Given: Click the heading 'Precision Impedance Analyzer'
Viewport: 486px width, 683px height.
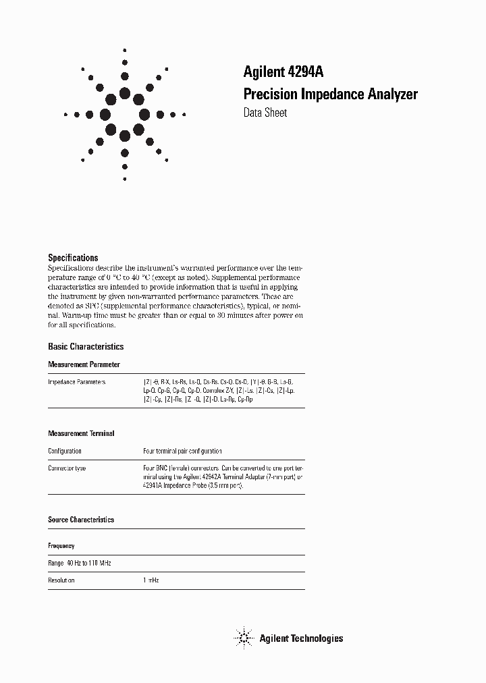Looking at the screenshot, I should pos(330,94).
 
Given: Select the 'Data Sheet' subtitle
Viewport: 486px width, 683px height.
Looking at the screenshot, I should pos(265,113).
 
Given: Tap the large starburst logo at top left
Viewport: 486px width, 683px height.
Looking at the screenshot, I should pos(125,114).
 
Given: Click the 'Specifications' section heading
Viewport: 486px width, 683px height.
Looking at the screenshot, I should pos(73,258).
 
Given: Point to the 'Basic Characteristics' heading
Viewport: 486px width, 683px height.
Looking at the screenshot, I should pos(86,346).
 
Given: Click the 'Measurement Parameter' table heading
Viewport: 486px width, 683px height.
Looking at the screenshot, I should pos(84,364).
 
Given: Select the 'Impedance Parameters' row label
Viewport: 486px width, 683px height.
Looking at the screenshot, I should pos(77,382).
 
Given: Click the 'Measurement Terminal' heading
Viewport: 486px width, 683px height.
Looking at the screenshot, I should pos(81,433).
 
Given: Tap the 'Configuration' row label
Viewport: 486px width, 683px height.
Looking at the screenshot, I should pos(65,451).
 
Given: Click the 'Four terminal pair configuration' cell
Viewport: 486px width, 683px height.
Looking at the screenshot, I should pos(182,451).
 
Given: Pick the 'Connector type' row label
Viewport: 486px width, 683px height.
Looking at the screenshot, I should pos(67,468).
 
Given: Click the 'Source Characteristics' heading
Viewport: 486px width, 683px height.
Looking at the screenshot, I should pos(81,520).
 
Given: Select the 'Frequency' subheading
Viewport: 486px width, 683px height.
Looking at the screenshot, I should pos(61,545).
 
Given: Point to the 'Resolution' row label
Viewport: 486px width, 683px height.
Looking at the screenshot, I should pos(61,580).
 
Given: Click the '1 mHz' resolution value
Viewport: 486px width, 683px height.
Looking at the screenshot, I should pos(151,580).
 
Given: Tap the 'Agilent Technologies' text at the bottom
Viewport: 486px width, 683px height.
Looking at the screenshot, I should pos(301,638).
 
